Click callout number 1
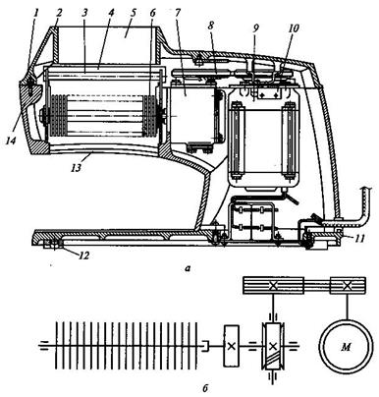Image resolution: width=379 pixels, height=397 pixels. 36,13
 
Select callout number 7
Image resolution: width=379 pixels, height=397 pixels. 178,14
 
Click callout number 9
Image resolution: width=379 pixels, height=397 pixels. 255,28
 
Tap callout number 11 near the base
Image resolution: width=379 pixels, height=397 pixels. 359,238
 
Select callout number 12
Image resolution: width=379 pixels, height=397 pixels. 84,255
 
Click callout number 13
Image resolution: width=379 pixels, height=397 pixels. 75,167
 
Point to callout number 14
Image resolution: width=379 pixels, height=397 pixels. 11,141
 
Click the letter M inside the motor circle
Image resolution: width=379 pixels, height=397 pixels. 346,347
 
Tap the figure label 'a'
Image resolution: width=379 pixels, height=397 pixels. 188,269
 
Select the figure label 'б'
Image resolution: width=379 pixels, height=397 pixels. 205,388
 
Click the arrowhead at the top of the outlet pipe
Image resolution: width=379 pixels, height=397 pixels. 366,188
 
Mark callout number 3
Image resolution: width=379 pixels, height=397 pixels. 84,14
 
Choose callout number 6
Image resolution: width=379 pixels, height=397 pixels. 153,14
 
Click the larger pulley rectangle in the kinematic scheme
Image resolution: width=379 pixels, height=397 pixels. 273,285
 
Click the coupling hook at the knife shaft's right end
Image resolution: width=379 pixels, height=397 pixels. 205,346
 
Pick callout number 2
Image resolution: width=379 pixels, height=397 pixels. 59,14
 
